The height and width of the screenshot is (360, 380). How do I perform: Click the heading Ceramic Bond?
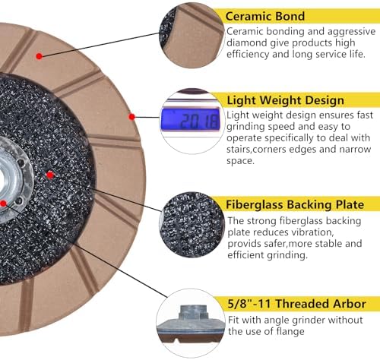pos(264,16)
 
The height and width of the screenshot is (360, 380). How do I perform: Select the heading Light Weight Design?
pos(285,100)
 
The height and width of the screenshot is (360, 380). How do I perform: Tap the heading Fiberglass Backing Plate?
pos(295,204)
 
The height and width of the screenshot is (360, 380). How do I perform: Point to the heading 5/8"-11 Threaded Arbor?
pos(296,303)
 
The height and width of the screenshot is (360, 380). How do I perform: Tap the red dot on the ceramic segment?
pos(39,56)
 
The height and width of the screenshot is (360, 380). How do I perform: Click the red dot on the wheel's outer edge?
pos(131,117)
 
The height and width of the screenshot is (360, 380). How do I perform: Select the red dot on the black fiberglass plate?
pos(50,175)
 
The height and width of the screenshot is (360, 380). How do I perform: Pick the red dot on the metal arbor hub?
pos(3,204)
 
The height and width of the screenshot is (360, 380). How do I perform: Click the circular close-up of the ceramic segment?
pos(192,36)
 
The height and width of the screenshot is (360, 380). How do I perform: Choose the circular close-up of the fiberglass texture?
pos(192,225)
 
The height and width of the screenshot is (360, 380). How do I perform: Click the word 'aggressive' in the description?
pos(351,31)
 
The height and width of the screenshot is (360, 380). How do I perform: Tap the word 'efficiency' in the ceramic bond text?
pos(248,54)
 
